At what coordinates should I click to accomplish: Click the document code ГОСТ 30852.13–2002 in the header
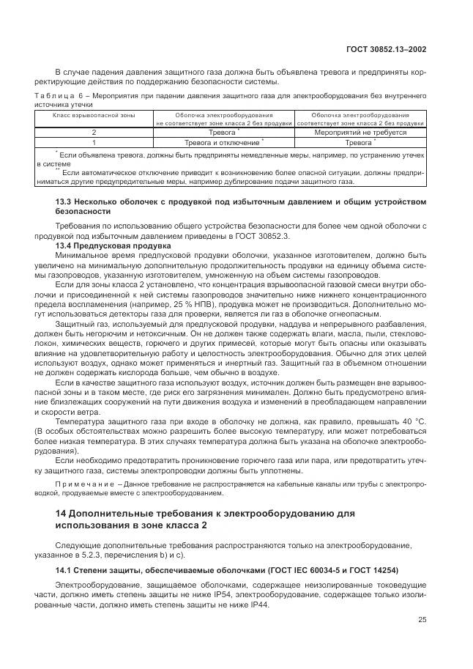386,50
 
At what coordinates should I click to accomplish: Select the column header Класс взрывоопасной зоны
94,116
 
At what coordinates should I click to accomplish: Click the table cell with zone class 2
94,133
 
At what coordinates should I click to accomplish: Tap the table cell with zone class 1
94,143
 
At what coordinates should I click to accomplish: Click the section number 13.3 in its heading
64,201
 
